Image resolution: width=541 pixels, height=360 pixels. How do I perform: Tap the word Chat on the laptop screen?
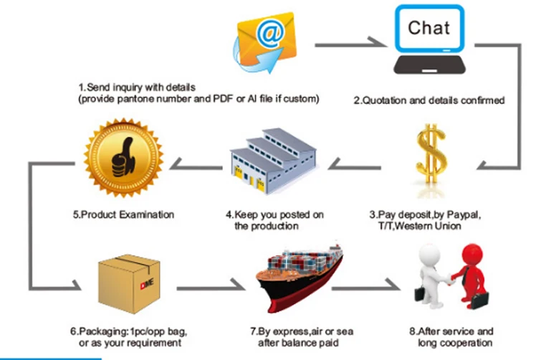tap(429, 29)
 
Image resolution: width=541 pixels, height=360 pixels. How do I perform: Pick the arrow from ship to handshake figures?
tap(365, 288)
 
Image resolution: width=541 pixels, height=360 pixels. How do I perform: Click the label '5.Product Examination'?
tap(123, 214)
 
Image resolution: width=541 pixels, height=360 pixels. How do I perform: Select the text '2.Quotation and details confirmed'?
tap(429, 100)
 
